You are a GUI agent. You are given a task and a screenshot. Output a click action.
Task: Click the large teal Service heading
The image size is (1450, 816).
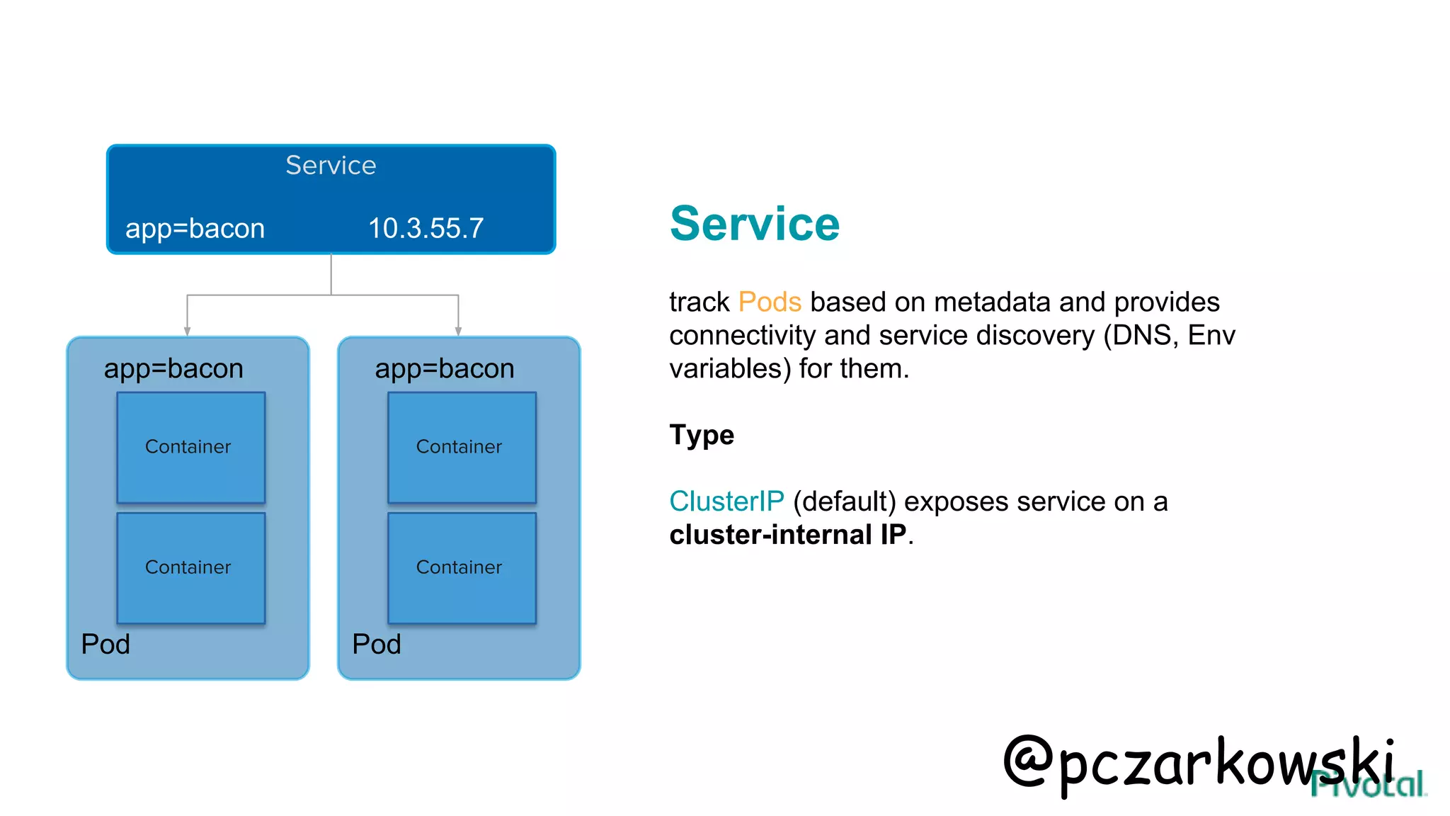pyautogui.click(x=754, y=224)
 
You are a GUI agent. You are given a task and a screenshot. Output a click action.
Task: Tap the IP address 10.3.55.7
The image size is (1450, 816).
pyautogui.click(x=426, y=228)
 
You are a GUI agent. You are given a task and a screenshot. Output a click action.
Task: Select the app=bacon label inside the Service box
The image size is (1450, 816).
pyautogui.click(x=195, y=228)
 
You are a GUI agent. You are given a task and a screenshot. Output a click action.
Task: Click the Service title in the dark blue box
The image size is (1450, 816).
pyautogui.click(x=331, y=165)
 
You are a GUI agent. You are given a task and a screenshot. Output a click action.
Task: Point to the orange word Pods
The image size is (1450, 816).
pyautogui.click(x=769, y=302)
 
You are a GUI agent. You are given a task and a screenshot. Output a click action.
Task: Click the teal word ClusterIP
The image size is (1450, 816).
pyautogui.click(x=726, y=501)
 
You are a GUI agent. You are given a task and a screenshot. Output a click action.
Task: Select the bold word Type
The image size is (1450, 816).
pyautogui.click(x=701, y=434)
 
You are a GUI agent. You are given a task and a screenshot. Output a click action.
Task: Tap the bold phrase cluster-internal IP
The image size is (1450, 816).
pyautogui.click(x=787, y=535)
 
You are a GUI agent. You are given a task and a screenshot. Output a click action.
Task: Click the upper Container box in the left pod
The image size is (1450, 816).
pyautogui.click(x=190, y=447)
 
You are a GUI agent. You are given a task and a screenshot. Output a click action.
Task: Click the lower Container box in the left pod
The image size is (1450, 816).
pyautogui.click(x=190, y=567)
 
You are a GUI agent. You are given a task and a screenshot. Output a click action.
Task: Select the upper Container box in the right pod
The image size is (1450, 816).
pyautogui.click(x=462, y=447)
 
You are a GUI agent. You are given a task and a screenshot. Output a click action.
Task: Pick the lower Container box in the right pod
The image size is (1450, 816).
pyautogui.click(x=462, y=567)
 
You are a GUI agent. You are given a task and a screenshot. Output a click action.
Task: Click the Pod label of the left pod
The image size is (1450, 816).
pyautogui.click(x=105, y=644)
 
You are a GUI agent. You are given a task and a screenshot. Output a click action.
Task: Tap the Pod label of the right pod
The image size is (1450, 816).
pyautogui.click(x=377, y=644)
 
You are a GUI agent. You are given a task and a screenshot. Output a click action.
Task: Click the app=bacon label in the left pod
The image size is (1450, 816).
pyautogui.click(x=173, y=368)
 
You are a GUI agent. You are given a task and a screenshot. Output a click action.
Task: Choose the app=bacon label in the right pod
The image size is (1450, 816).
pyautogui.click(x=445, y=368)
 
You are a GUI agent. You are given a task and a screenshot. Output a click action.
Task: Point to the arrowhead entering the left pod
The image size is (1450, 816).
pyautogui.click(x=187, y=331)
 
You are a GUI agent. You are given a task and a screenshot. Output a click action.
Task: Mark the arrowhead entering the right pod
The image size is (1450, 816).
pyautogui.click(x=458, y=331)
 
